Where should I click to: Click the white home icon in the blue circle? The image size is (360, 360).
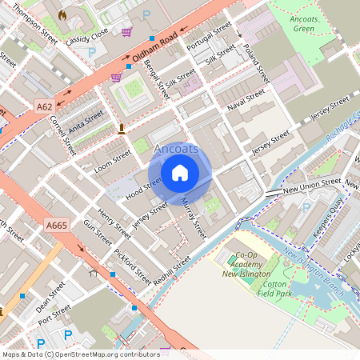point(180,172)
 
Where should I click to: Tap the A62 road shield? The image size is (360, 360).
point(45,106)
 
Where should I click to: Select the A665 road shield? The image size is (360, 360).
point(56,226)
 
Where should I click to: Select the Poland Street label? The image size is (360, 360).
point(258,63)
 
